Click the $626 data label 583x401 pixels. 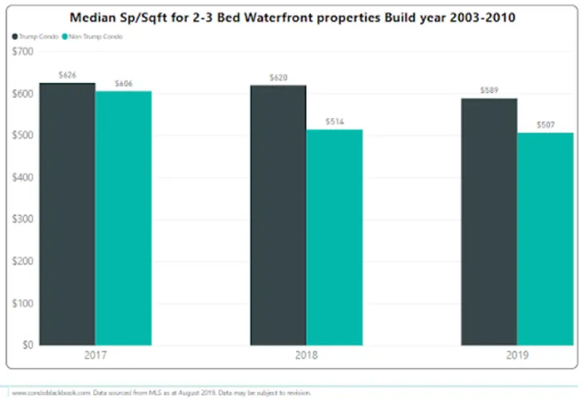(x=67, y=75)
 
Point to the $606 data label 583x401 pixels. (x=123, y=83)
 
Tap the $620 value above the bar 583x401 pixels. (x=278, y=77)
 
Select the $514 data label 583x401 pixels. (x=334, y=121)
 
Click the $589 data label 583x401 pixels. (x=489, y=90)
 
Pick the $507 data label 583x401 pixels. (x=546, y=125)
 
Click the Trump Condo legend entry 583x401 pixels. (x=36, y=37)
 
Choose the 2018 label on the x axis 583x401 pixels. (x=306, y=355)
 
